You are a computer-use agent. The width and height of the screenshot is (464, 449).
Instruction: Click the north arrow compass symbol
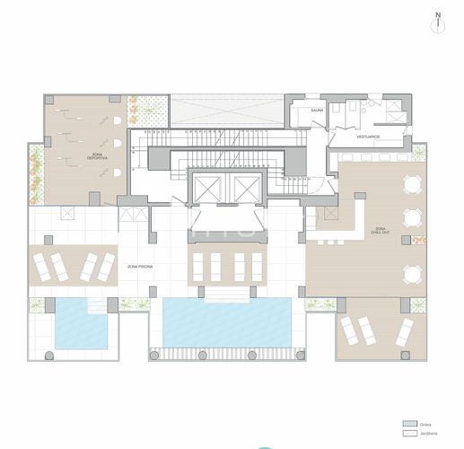point(437,22)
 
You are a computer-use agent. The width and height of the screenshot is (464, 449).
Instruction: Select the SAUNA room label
point(317,110)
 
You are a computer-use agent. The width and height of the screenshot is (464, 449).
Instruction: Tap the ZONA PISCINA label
point(138,266)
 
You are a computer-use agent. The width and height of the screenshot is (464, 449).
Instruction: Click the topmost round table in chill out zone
point(411,187)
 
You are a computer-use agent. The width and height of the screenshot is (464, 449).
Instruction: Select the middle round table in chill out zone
point(411,217)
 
